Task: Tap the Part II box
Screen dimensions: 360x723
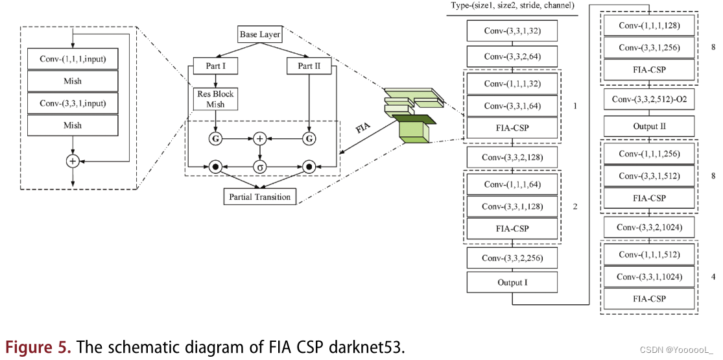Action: pyautogui.click(x=309, y=66)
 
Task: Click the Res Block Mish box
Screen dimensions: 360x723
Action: pyautogui.click(x=214, y=99)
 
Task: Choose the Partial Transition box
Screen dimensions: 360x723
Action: pyautogui.click(x=261, y=196)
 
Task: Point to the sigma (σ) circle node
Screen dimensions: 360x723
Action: pyautogui.click(x=260, y=167)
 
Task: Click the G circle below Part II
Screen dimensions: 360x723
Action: pyautogui.click(x=309, y=138)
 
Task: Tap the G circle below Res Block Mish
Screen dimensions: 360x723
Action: pyautogui.click(x=214, y=138)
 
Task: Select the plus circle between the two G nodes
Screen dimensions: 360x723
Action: pyautogui.click(x=260, y=138)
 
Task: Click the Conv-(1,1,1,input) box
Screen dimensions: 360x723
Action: pyautogui.click(x=73, y=60)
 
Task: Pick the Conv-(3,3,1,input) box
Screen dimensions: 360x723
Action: pyautogui.click(x=73, y=103)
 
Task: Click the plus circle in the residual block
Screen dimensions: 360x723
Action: pyautogui.click(x=73, y=160)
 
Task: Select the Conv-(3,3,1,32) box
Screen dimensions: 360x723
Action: pyautogui.click(x=512, y=31)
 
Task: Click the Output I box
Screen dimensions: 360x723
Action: pyautogui.click(x=512, y=282)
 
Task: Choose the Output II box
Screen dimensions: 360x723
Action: pyautogui.click(x=649, y=126)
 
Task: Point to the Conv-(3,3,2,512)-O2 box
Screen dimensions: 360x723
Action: pyautogui.click(x=649, y=99)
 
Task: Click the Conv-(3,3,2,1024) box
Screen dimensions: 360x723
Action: pyautogui.click(x=649, y=227)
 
